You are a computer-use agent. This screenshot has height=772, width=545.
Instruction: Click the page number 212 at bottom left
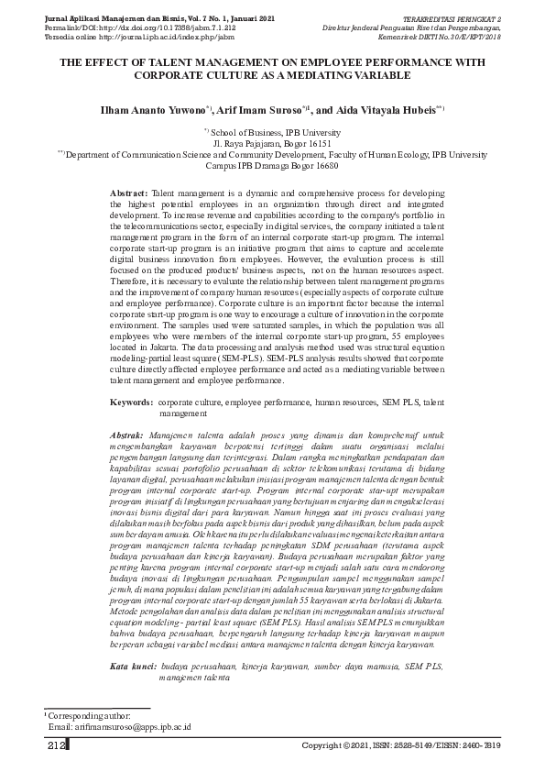pos(56,747)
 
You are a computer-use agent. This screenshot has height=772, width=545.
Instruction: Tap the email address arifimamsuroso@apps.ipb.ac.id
pos(125,726)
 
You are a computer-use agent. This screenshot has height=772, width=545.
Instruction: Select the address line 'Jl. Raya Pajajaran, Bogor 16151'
pos(272,145)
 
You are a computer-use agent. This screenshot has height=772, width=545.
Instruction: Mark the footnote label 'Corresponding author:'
pos(88,714)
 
